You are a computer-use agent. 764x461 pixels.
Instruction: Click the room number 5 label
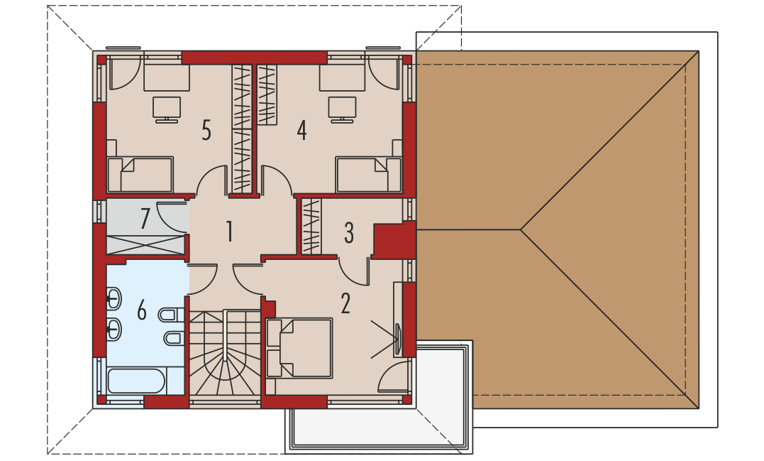click(x=206, y=130)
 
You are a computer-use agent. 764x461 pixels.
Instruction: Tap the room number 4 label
click(x=302, y=130)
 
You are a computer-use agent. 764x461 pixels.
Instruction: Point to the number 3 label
click(x=349, y=233)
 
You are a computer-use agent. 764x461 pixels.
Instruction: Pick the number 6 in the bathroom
click(x=142, y=310)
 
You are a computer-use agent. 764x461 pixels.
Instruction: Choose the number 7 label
click(x=145, y=219)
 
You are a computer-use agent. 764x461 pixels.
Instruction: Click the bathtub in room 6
click(x=136, y=381)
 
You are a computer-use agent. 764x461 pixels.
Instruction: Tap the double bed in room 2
click(x=299, y=348)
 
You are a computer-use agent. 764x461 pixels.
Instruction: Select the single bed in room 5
click(x=140, y=174)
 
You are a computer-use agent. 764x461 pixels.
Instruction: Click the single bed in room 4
click(x=368, y=174)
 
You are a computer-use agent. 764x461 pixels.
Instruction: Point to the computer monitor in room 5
click(x=167, y=109)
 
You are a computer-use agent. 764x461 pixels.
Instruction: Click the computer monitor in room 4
click(x=342, y=109)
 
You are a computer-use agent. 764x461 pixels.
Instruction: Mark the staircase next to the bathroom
click(x=225, y=353)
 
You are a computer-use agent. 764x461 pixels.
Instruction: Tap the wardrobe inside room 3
click(x=312, y=227)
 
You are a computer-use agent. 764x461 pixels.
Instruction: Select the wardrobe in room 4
click(x=267, y=94)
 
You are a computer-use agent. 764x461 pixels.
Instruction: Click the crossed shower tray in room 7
click(x=145, y=244)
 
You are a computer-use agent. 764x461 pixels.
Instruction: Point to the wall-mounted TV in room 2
click(x=398, y=340)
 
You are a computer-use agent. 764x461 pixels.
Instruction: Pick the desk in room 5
click(x=167, y=77)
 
